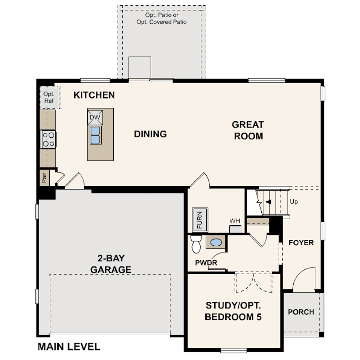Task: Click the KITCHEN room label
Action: [94, 95]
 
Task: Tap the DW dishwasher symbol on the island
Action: [95, 117]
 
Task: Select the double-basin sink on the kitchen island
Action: [96, 135]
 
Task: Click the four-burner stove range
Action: [48, 139]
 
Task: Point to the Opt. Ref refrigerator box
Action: [49, 97]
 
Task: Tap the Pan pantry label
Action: [44, 177]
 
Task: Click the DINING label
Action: [150, 134]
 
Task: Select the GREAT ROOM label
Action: [248, 130]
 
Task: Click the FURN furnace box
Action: [200, 220]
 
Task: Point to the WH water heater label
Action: [235, 221]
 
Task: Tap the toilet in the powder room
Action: [196, 244]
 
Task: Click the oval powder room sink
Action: [216, 243]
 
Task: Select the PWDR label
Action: [206, 263]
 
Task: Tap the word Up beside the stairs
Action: [294, 202]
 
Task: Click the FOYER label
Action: [301, 243]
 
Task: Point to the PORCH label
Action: [301, 312]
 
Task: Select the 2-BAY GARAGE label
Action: [111, 264]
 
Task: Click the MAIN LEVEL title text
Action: [69, 347]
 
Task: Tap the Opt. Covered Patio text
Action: [162, 22]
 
